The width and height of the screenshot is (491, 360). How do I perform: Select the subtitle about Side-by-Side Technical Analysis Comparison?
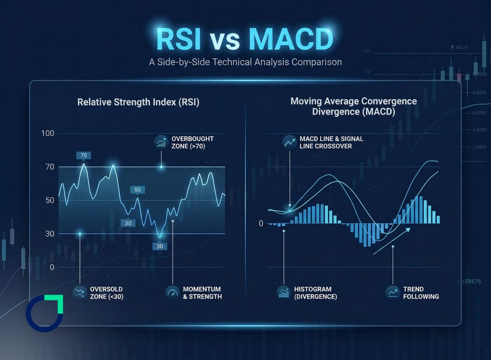(245, 62)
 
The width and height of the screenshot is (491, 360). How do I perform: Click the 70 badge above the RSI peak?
(83, 155)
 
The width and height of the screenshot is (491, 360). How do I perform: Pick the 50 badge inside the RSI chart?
(138, 190)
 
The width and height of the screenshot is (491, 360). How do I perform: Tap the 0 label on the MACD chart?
(261, 223)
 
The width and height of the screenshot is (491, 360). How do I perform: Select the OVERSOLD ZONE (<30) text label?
(106, 293)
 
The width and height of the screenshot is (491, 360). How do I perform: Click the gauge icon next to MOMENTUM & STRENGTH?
(172, 292)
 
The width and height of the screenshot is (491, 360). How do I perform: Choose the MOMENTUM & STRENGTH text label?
(202, 293)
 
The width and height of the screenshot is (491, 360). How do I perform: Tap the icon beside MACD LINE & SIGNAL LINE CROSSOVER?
(289, 142)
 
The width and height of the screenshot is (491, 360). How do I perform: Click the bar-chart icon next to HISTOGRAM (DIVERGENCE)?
(283, 292)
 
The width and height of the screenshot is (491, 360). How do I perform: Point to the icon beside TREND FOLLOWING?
(393, 292)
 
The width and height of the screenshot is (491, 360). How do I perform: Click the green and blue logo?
(44, 314)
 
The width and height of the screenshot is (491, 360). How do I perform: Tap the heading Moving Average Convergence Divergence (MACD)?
(354, 106)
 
